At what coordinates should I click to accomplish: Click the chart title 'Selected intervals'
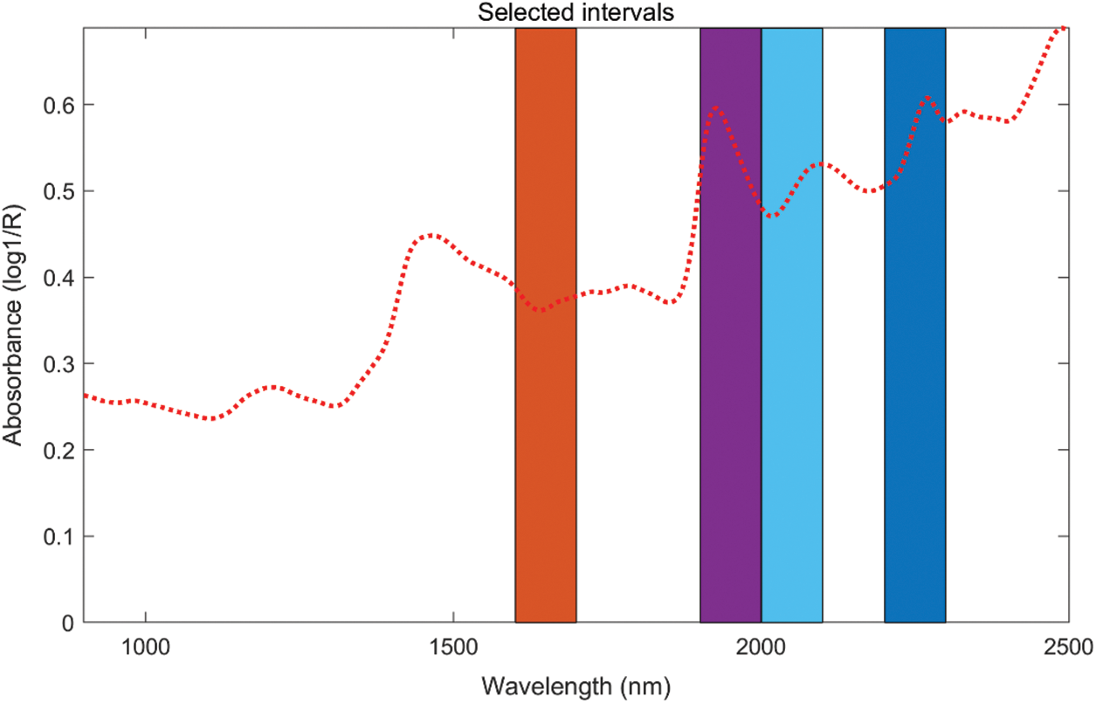tap(577, 12)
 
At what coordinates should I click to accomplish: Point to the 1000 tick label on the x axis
tap(145, 646)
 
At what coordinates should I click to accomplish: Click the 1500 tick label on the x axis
tap(453, 646)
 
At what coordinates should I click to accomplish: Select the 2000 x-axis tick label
tap(762, 646)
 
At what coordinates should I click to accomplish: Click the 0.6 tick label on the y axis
tap(60, 105)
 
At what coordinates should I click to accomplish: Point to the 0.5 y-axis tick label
tap(60, 191)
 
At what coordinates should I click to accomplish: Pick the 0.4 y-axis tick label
tap(60, 278)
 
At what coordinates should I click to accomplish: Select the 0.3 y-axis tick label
tap(60, 363)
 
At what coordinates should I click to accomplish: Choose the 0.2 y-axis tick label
tap(60, 450)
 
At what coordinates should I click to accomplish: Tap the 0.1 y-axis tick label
tap(60, 536)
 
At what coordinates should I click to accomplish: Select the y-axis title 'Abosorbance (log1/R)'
tap(15, 325)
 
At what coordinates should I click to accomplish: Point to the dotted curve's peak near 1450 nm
tap(429, 235)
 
